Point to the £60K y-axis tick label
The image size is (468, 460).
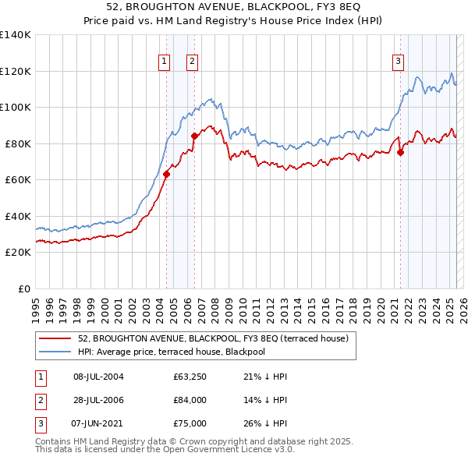18,180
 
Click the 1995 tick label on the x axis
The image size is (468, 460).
36,304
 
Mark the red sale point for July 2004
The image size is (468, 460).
166,174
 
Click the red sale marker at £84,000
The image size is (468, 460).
194,136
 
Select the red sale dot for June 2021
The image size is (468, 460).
400,153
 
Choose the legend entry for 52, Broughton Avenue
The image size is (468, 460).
218,338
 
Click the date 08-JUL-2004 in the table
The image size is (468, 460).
98,377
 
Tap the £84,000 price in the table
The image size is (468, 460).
190,400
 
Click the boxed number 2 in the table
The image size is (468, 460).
39,400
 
